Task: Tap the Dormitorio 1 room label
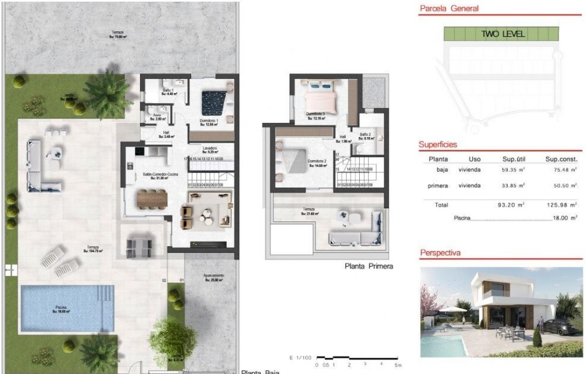209,122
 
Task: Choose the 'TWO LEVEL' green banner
503,34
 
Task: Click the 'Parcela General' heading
449,8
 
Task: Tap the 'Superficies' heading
438,144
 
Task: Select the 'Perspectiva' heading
440,253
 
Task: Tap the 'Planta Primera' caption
369,267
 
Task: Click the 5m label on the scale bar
398,365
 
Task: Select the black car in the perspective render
558,326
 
